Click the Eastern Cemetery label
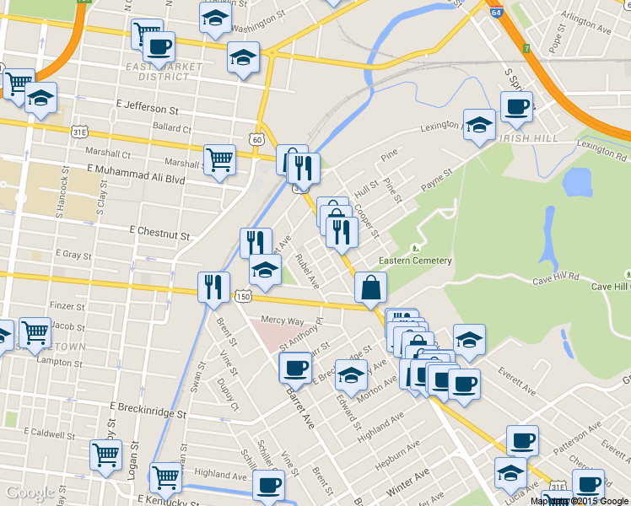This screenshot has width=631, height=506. coord(415,261)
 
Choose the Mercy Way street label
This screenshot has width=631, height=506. coord(283,320)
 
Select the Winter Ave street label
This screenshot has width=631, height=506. coord(408,480)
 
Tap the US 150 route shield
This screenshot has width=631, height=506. coord(244,296)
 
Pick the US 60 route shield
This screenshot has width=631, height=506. coord(256,138)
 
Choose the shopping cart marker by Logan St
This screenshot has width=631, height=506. coord(106,455)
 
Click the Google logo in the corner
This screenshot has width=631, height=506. coord(30,493)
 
